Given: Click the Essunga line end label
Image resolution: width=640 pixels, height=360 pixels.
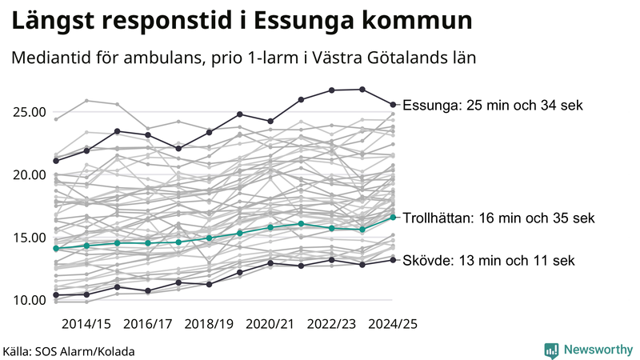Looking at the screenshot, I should (494, 106).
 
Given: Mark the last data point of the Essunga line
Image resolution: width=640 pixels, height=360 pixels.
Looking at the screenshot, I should (393, 104).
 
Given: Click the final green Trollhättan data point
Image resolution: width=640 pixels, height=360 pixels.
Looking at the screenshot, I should (393, 217).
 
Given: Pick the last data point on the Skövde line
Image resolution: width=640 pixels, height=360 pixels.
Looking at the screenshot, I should (393, 259).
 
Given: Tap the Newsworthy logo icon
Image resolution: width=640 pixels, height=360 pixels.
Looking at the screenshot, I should (551, 350).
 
